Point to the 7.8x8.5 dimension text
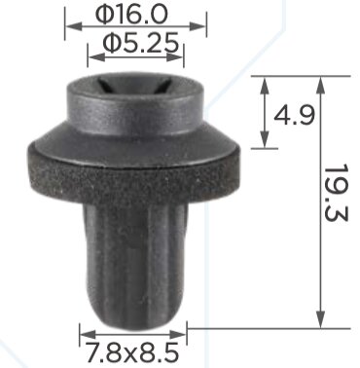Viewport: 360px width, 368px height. [x=131, y=349]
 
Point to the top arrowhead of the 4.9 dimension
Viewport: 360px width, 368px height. [x=265, y=79]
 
